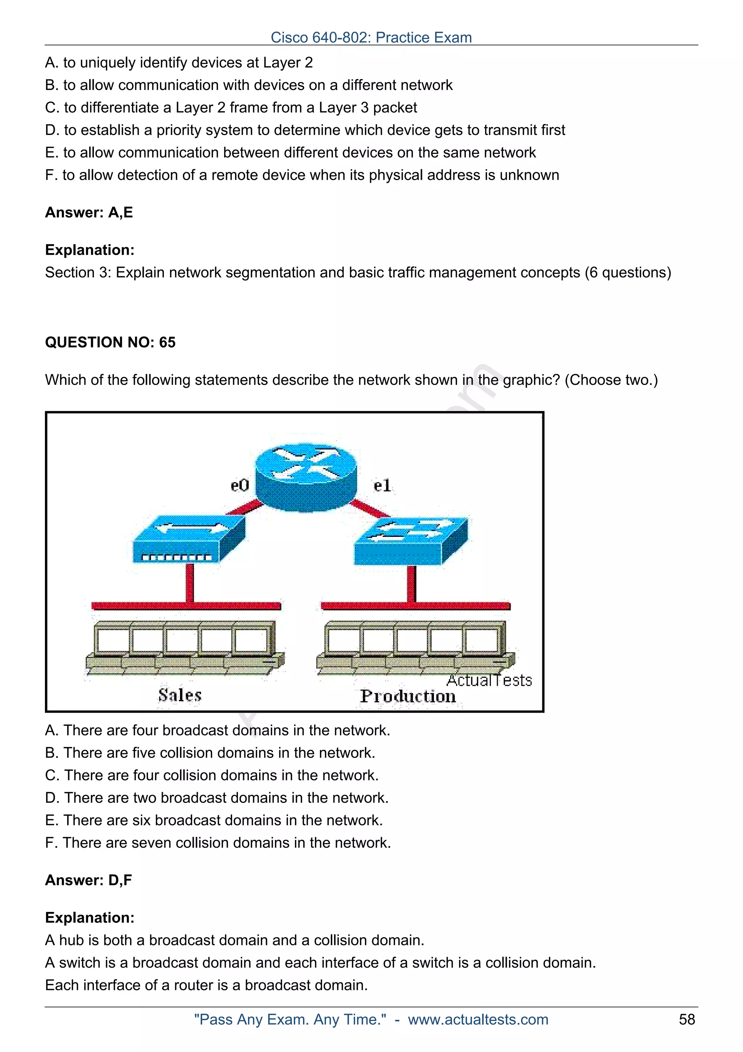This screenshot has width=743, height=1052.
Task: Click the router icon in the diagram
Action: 305,477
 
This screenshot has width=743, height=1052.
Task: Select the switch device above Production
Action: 411,541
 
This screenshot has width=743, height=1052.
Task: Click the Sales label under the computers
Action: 180,695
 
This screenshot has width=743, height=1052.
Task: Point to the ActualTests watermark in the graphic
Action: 489,680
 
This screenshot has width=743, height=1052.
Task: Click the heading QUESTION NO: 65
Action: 110,342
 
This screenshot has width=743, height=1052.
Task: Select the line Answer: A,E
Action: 89,212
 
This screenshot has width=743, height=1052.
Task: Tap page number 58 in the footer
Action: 687,1019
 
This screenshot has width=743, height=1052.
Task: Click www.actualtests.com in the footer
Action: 477,1019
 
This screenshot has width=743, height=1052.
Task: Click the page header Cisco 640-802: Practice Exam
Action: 371,37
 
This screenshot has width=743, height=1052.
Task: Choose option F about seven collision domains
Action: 218,843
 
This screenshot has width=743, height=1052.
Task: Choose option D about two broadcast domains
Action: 217,798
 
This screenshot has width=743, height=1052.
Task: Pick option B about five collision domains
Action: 210,753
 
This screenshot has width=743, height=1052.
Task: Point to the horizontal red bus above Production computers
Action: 415,606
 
